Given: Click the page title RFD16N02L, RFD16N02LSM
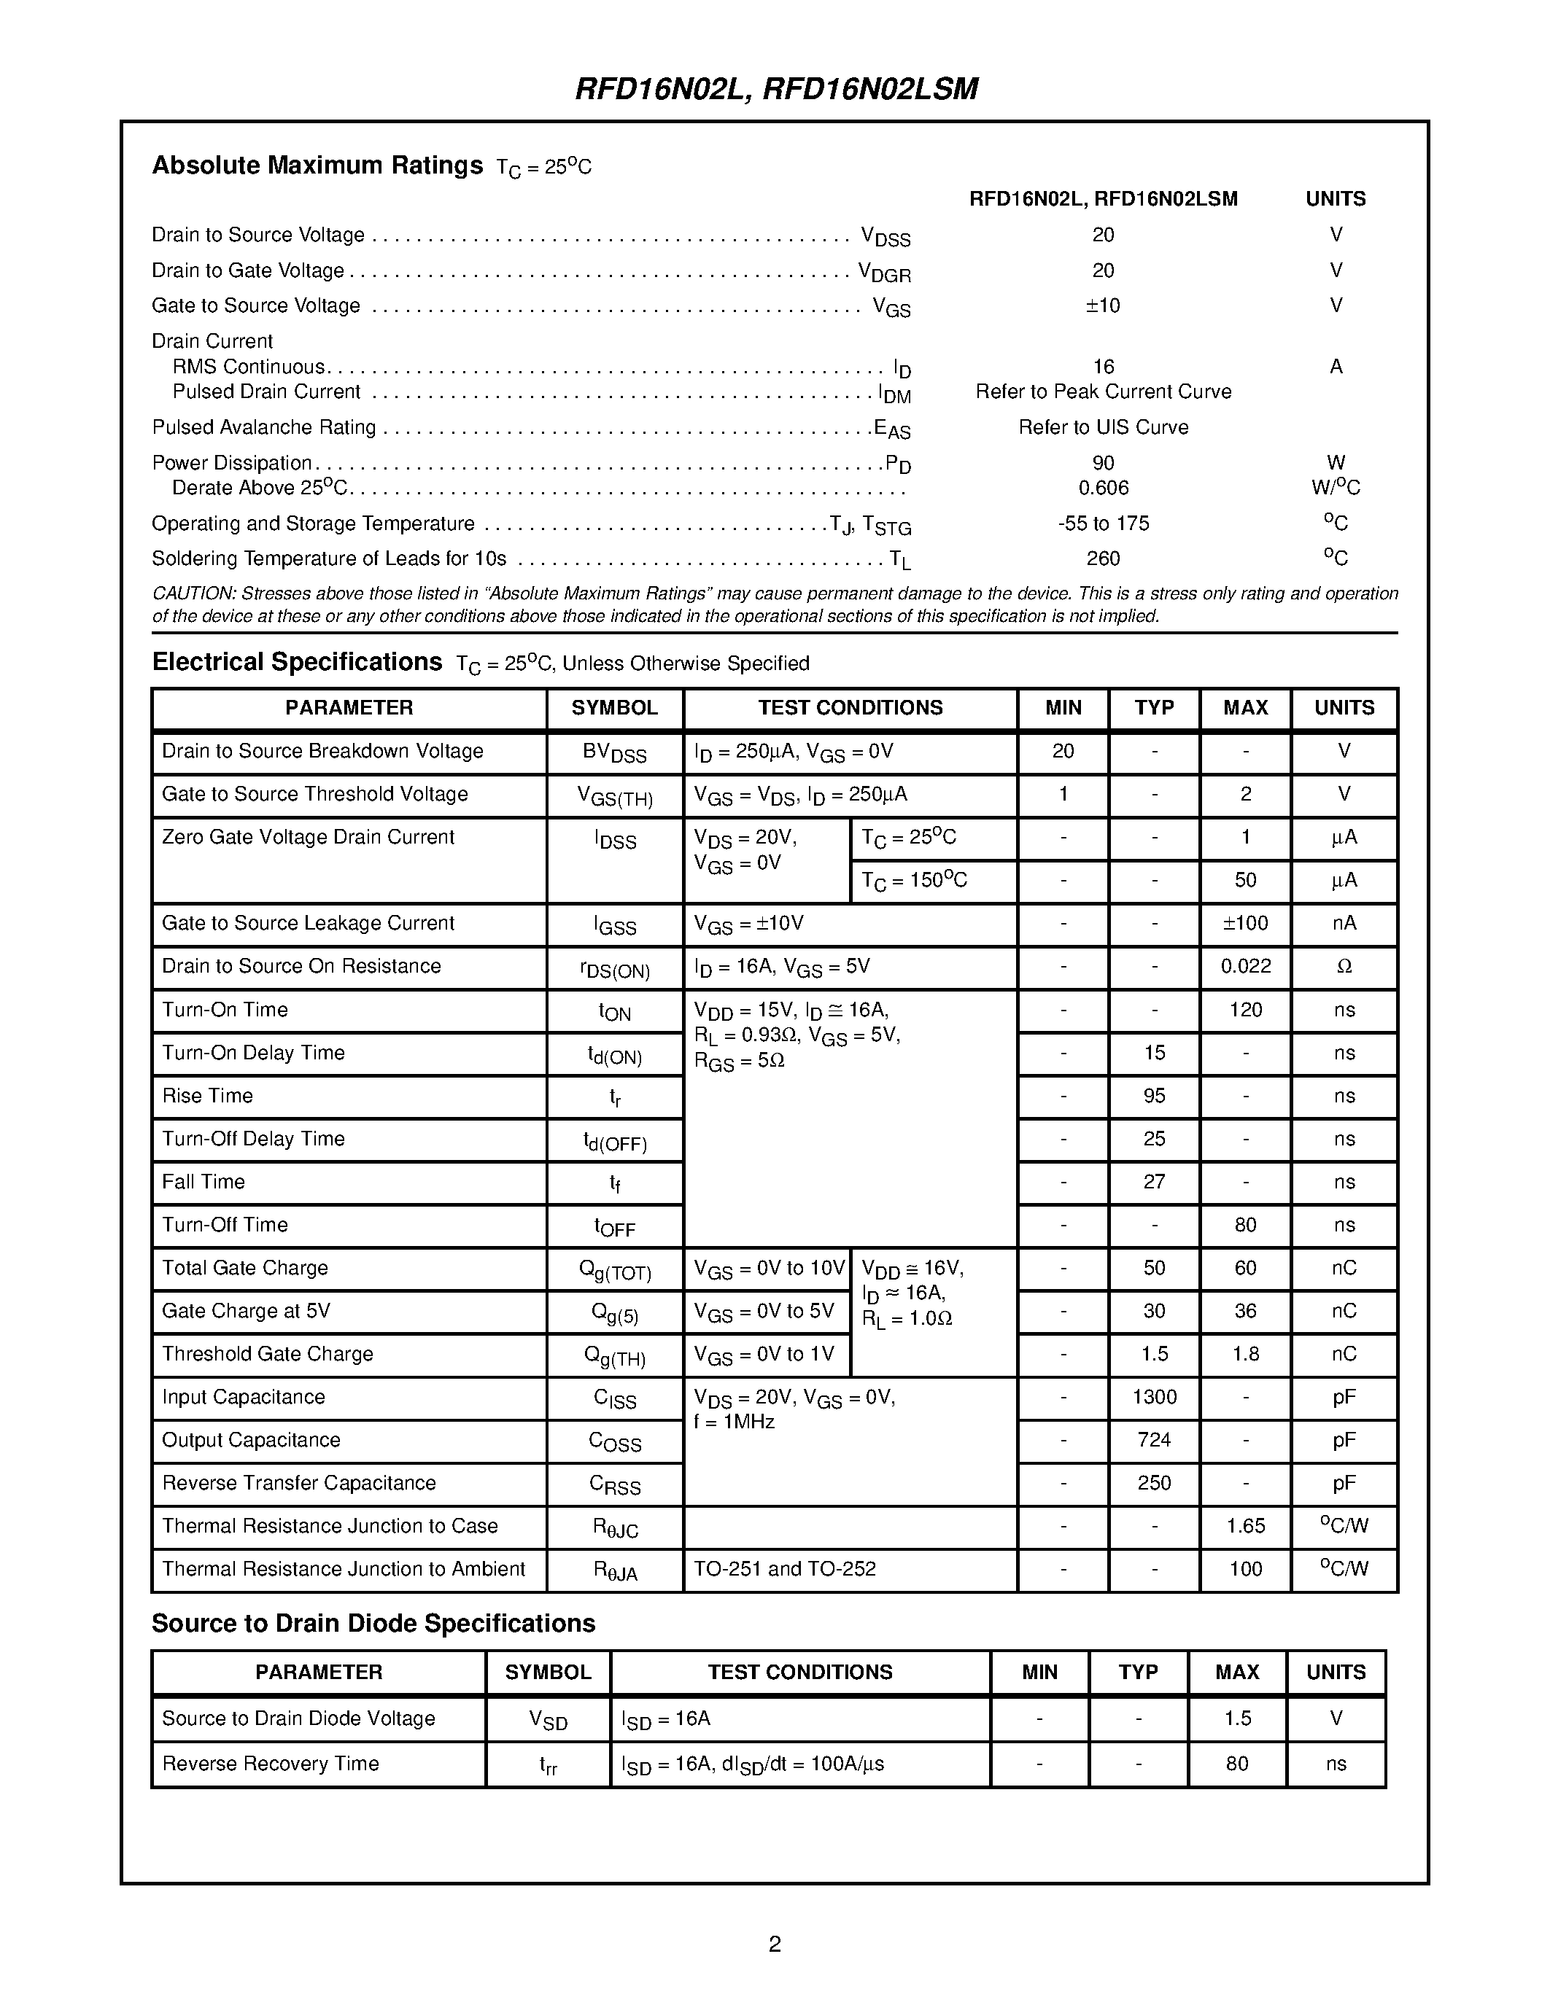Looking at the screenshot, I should [776, 88].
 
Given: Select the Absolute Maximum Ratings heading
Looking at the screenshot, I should [317, 166].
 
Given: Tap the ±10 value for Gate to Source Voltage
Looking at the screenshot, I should [1103, 305].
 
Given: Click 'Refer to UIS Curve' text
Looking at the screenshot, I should [1103, 427].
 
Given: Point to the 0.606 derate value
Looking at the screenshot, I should [1103, 488].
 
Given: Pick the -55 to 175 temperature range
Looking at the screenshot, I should [1103, 523].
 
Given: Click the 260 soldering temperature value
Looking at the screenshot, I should [1103, 558].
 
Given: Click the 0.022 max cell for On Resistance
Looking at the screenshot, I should [1245, 966].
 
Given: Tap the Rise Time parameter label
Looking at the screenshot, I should [208, 1095].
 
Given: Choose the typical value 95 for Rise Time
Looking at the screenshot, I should [1154, 1095].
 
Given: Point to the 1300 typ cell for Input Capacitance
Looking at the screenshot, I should [1154, 1396].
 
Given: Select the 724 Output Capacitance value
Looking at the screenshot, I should [1154, 1439].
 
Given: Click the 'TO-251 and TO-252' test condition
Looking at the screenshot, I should [784, 1568].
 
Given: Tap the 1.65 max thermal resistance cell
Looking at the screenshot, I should [1245, 1526].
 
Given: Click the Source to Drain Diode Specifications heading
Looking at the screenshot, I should [373, 1623].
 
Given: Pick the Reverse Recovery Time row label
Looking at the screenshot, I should [270, 1764].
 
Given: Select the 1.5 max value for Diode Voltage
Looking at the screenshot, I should [1237, 1718].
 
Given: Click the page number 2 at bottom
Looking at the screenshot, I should [774, 1944].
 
